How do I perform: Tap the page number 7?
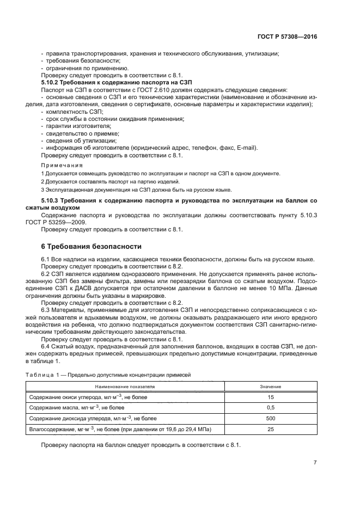315,462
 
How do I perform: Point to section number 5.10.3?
53,201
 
